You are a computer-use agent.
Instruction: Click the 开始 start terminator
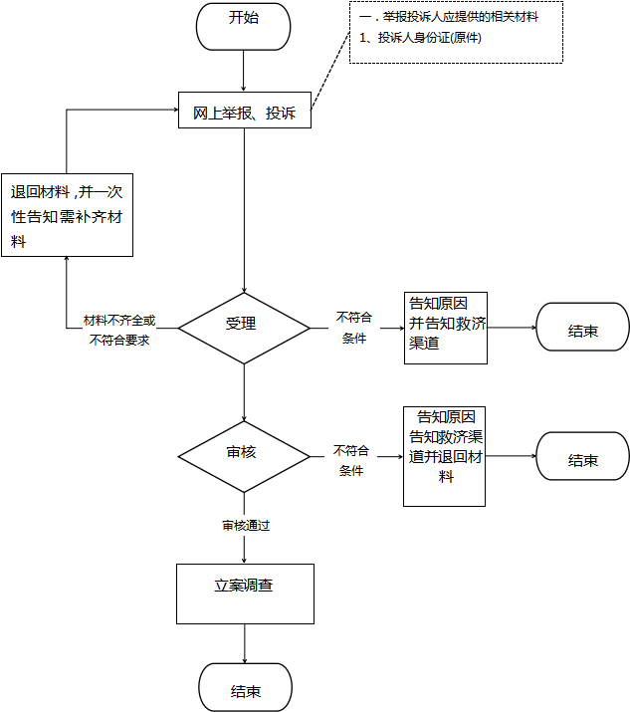coord(243,27)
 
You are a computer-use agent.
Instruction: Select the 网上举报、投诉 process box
coord(245,111)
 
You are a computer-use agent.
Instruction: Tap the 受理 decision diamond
coord(244,328)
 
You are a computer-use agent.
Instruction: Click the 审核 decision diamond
coord(244,456)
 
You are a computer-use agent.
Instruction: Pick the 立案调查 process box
coord(245,593)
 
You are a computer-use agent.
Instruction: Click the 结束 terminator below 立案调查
coord(245,687)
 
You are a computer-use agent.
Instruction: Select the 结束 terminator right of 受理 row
coord(583,327)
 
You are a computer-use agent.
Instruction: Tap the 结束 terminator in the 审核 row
coord(583,456)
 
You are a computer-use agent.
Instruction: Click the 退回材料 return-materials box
coord(67,215)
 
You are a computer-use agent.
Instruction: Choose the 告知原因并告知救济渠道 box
coord(446,328)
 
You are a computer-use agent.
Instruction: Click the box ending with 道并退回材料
coord(444,456)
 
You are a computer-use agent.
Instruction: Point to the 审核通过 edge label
coord(246,526)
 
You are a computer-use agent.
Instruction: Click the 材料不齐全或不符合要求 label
coord(119,331)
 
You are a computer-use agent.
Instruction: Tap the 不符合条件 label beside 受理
coord(354,328)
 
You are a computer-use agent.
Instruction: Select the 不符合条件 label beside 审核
coord(351,460)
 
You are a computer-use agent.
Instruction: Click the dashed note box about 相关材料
coord(456,32)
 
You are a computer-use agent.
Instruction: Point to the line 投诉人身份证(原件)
coord(420,37)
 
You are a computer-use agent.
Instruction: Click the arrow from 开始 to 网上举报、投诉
coord(243,71)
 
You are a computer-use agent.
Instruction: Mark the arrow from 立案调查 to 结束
coord(245,644)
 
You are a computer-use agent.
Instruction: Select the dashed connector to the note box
coord(330,71)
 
